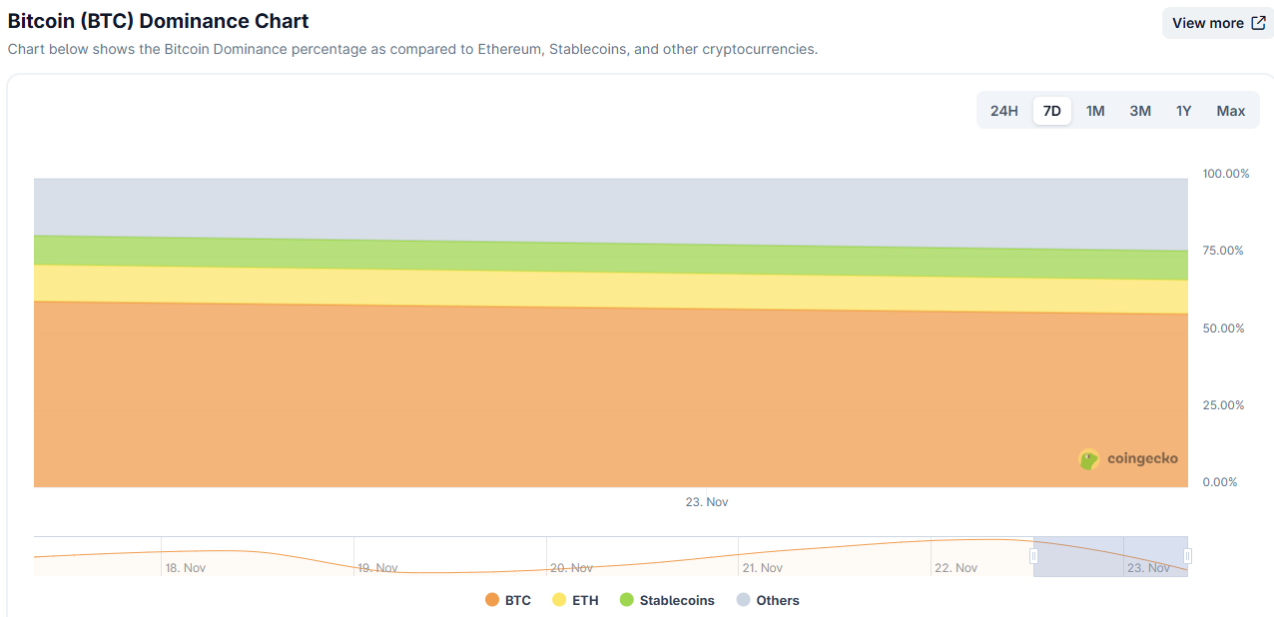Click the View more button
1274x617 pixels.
point(1218,23)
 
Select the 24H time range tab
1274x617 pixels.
point(1003,111)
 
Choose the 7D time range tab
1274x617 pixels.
point(1051,111)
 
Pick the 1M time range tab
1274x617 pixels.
point(1095,111)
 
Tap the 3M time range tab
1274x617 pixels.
point(1140,111)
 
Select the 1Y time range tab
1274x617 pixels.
point(1183,111)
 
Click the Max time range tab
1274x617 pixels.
point(1230,111)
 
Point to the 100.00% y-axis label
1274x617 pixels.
point(1225,174)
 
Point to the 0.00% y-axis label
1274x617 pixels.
point(1220,482)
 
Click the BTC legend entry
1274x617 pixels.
point(508,600)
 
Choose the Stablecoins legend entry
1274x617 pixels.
point(667,600)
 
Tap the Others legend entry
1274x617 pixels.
point(768,600)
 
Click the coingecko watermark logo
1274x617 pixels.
point(1129,459)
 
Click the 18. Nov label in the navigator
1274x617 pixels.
point(186,568)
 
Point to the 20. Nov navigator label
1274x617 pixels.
point(571,568)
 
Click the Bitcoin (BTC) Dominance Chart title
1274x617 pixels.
point(158,21)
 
